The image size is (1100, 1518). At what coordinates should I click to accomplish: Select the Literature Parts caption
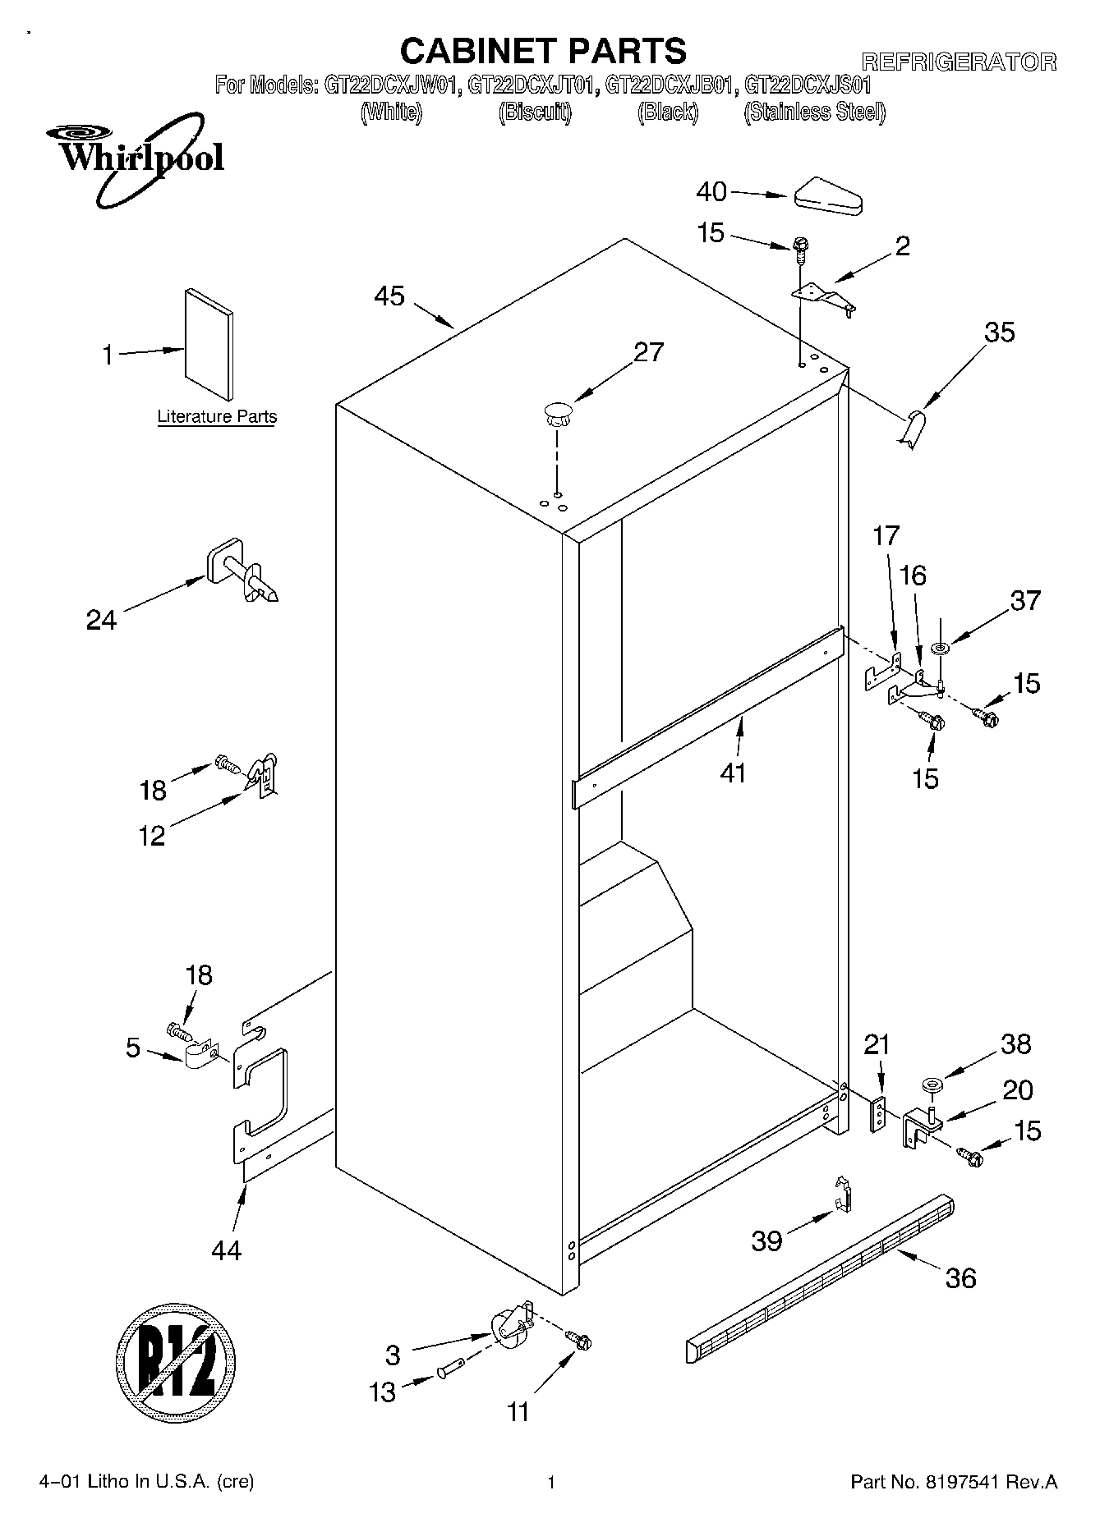tap(217, 417)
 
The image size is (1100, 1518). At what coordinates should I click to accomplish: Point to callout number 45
tap(389, 296)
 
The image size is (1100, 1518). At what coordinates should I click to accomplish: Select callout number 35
tap(1000, 332)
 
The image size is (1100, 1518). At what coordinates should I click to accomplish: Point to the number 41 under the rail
tap(733, 773)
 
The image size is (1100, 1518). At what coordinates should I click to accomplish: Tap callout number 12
tap(153, 836)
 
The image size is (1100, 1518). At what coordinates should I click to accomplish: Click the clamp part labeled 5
tap(200, 1056)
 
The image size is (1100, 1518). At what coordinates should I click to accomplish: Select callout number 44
tap(226, 1250)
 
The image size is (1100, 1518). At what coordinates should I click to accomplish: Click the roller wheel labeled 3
tap(510, 1328)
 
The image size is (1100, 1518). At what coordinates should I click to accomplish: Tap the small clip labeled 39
tap(841, 1195)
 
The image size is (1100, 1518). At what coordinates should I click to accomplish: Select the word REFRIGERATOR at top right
tap(958, 62)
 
